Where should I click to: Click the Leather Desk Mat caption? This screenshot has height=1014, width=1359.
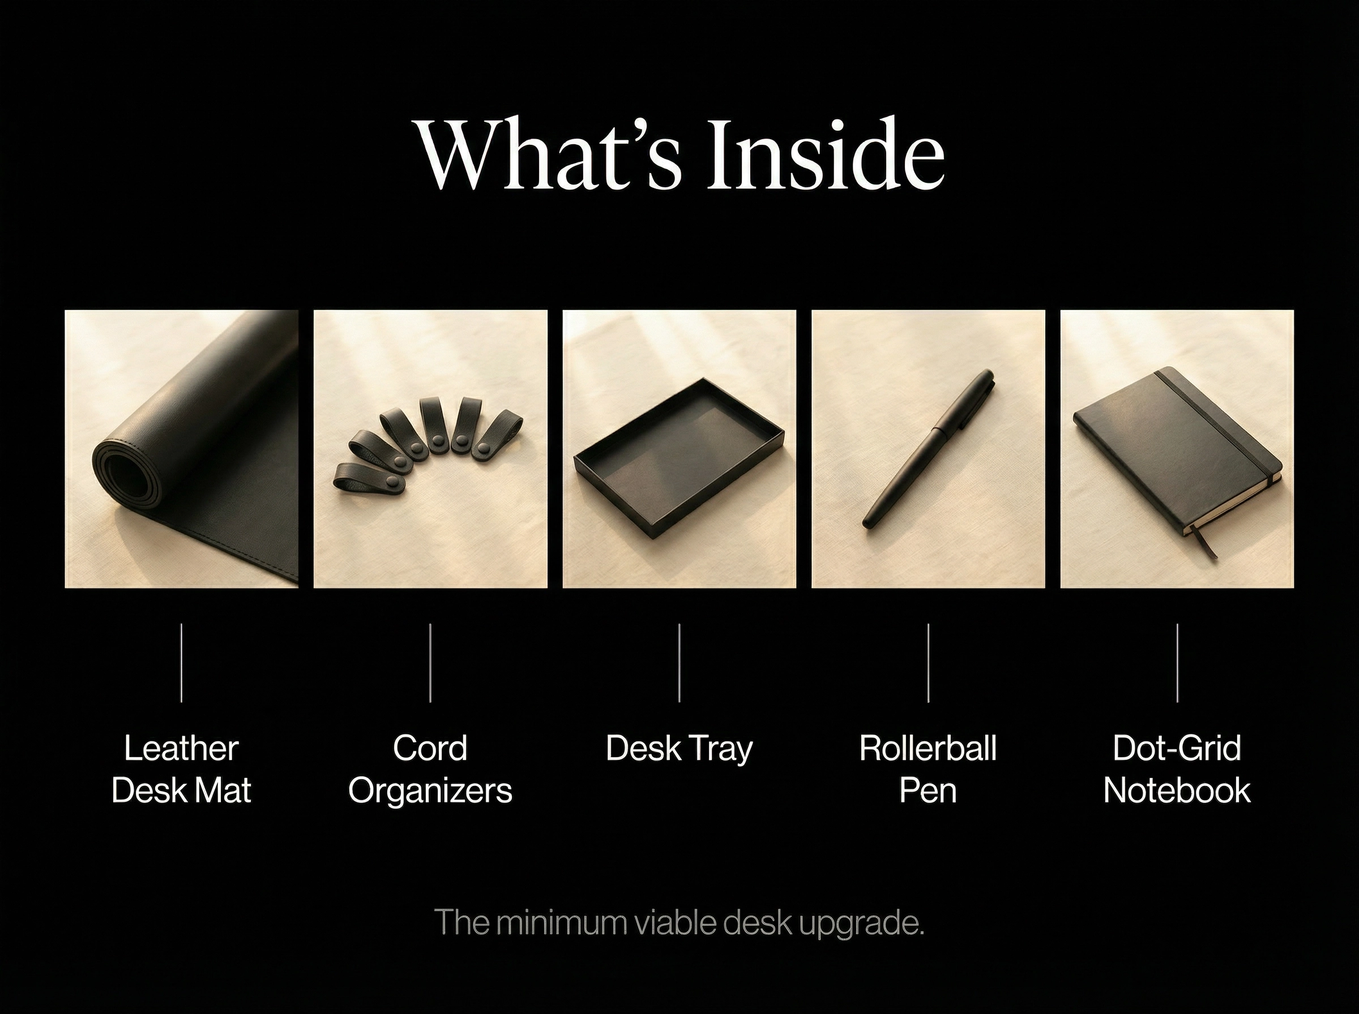(x=181, y=768)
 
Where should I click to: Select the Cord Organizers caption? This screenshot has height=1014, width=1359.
(x=430, y=768)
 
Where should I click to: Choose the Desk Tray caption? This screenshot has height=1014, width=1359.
(x=678, y=748)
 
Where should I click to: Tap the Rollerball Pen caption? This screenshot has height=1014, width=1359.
(x=928, y=768)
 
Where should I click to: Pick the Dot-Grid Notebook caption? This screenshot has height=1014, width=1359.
(x=1177, y=768)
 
